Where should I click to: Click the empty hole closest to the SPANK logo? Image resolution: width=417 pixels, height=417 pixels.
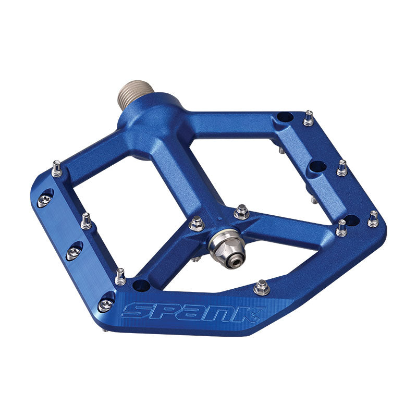pos(140,285)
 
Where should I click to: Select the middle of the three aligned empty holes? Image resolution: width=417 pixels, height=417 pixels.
pos(317,167)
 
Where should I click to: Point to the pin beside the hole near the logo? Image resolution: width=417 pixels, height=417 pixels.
pos(120,277)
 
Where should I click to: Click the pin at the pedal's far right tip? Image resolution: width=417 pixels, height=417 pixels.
pos(373,219)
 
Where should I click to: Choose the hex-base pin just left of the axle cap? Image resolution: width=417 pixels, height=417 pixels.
pos(197,224)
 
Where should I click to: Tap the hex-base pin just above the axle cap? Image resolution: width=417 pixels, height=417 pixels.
pos(241,212)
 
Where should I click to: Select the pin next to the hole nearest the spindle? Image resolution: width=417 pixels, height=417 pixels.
pos(309,118)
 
